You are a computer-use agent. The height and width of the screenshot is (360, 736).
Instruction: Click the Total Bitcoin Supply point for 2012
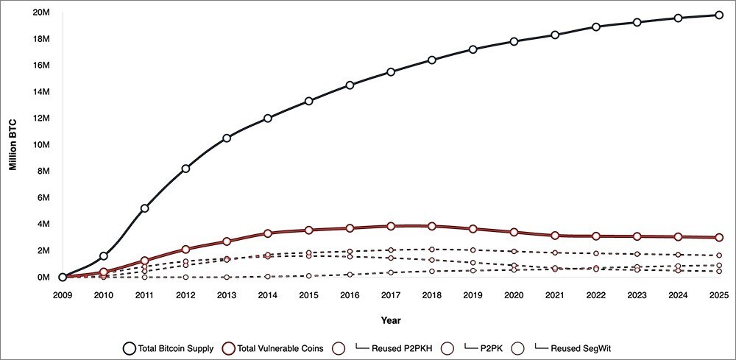point(185,169)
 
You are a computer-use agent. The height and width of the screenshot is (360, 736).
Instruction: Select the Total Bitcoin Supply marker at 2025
point(719,15)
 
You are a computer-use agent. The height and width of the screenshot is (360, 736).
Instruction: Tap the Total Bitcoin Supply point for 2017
point(391,71)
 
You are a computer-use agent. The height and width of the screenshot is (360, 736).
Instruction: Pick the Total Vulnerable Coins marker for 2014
point(268,233)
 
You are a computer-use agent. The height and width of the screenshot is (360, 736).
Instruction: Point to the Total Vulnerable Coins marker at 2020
point(514,233)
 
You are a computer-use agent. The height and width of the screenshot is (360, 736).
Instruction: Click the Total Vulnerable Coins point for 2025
point(719,237)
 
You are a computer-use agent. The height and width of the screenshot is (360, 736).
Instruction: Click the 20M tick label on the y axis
point(40,12)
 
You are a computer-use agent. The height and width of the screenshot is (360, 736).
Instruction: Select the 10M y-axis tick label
point(40,144)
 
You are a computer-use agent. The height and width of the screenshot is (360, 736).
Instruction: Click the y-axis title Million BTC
point(13,144)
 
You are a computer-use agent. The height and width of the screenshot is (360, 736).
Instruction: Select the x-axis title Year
point(391,320)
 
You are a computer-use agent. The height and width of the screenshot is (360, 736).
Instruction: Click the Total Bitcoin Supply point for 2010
point(104,255)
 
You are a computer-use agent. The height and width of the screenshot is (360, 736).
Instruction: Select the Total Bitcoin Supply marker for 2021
point(555,35)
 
